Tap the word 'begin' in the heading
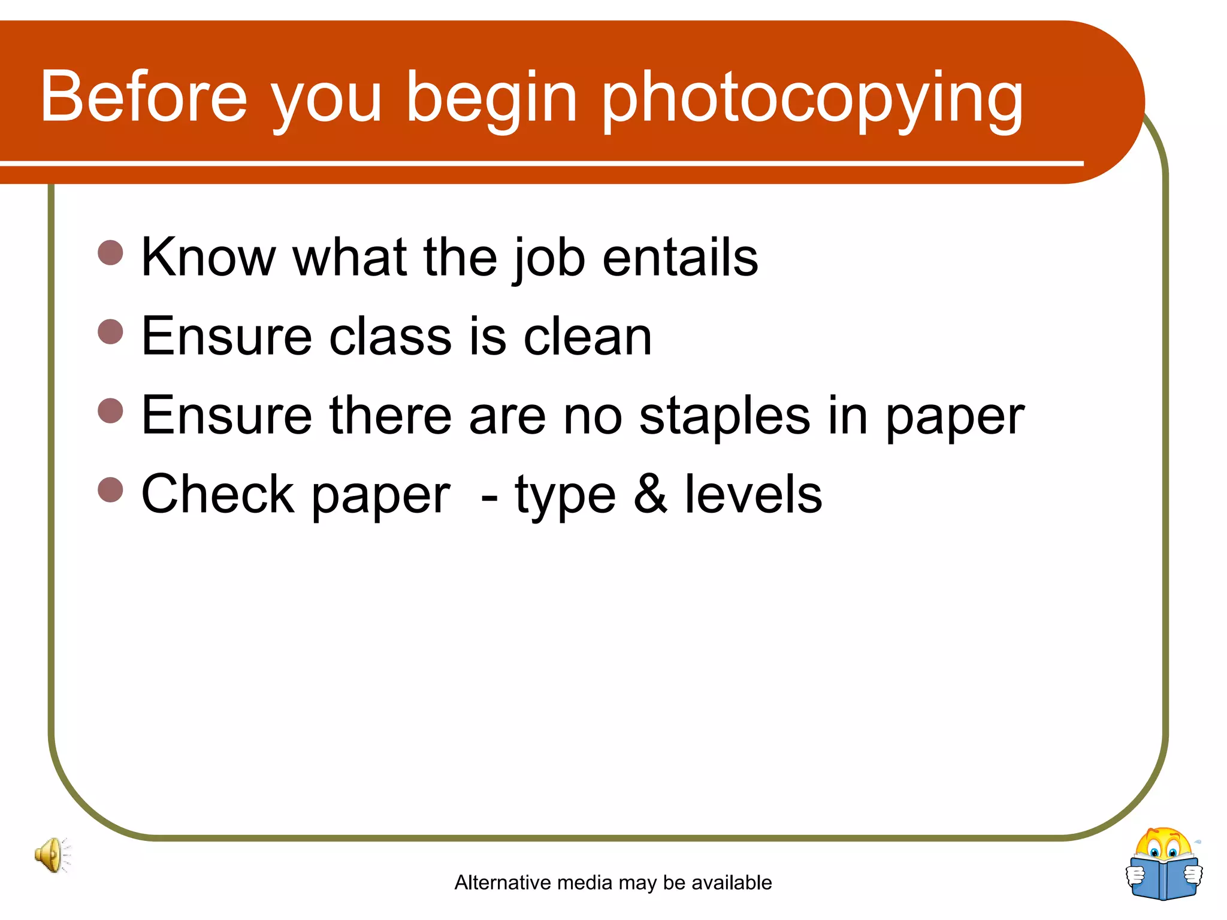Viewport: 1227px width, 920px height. click(491, 99)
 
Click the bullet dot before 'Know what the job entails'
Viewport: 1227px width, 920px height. click(110, 253)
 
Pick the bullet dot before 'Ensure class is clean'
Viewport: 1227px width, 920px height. click(110, 332)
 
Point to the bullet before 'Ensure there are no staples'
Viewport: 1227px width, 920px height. click(110, 411)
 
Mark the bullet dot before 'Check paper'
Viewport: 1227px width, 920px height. click(110, 489)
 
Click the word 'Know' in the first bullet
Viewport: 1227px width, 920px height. click(208, 257)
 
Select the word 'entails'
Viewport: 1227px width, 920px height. click(680, 257)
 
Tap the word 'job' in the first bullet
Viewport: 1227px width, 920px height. click(548, 259)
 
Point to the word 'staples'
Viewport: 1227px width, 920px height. click(725, 416)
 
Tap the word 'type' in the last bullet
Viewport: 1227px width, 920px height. click(565, 497)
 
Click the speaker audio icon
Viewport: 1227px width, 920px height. click(52, 855)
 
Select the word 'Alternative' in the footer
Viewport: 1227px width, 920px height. click(503, 882)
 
